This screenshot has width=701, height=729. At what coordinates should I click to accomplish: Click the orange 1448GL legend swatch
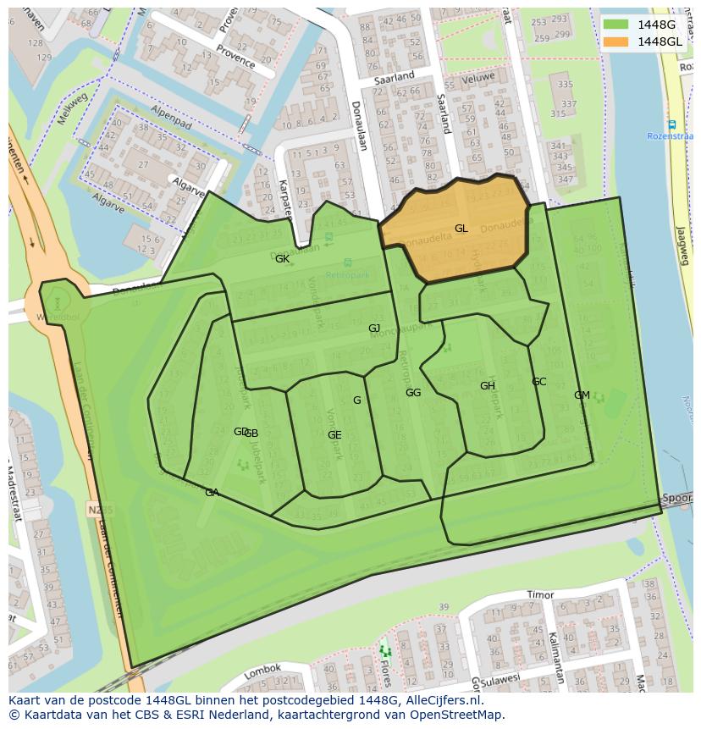tap(617, 41)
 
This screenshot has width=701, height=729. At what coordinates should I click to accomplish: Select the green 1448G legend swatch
tap(617, 25)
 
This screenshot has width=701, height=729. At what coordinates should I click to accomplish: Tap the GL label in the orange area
tap(461, 229)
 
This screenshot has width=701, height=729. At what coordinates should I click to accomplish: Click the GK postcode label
tap(282, 259)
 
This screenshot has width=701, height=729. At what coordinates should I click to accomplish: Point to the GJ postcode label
tap(374, 329)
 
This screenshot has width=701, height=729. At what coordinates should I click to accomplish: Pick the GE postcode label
tap(334, 435)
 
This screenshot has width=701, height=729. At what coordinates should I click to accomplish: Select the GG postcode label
tap(413, 393)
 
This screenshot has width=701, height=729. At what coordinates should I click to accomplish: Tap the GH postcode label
tap(487, 386)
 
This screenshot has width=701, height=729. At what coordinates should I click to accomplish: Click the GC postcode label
tap(538, 382)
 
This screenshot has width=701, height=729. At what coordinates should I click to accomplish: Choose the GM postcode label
tap(582, 395)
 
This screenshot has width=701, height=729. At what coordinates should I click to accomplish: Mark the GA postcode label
tap(212, 493)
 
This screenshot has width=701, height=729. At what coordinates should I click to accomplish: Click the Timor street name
tap(539, 595)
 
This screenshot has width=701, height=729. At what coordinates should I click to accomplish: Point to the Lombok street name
tap(262, 671)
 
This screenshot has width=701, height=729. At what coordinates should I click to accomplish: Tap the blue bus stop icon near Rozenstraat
tap(671, 124)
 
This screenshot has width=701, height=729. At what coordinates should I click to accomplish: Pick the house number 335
tap(565, 85)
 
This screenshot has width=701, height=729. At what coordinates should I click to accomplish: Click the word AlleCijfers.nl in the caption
tap(441, 700)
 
